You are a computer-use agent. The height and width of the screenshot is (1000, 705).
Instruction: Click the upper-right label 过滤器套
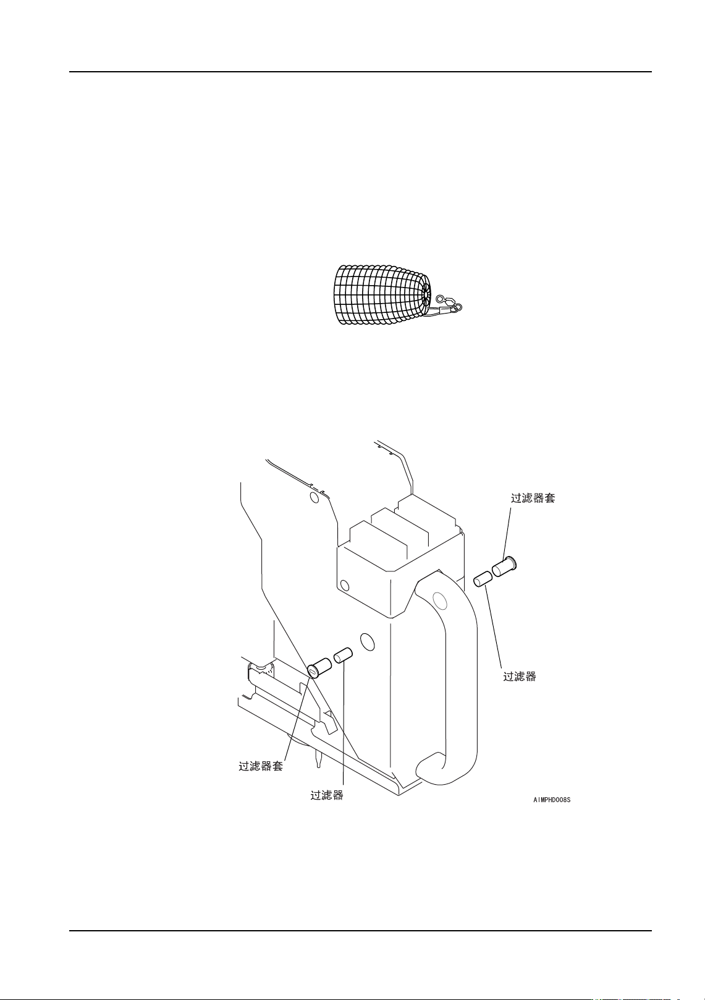[x=533, y=498]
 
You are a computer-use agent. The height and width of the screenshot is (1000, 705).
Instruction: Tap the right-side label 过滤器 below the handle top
[x=519, y=677]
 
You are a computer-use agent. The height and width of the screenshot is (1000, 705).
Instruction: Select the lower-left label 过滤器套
[x=261, y=766]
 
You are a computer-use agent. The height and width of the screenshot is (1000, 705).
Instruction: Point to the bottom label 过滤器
[x=326, y=795]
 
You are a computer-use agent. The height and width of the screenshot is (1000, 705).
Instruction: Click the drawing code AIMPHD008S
[x=552, y=800]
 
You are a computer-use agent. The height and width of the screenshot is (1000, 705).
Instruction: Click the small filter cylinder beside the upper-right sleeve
[x=482, y=579]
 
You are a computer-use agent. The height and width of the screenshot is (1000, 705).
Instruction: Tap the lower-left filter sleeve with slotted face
[x=320, y=669]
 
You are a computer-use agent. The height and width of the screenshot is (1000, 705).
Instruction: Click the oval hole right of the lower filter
[x=367, y=641]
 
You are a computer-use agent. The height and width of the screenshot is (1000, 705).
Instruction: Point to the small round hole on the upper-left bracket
[x=315, y=497]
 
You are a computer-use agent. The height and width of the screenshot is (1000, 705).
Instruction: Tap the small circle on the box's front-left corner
[x=345, y=585]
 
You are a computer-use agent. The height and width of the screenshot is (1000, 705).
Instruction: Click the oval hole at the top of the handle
[x=440, y=600]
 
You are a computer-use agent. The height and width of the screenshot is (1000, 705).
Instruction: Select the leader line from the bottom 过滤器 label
[x=343, y=730]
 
